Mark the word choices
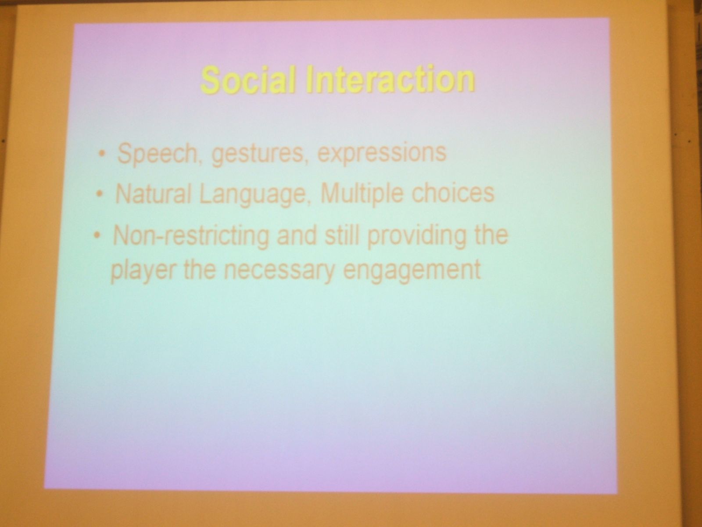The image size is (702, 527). [x=452, y=193]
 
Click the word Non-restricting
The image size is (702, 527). [x=190, y=236]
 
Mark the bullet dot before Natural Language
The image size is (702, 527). [x=100, y=194]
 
